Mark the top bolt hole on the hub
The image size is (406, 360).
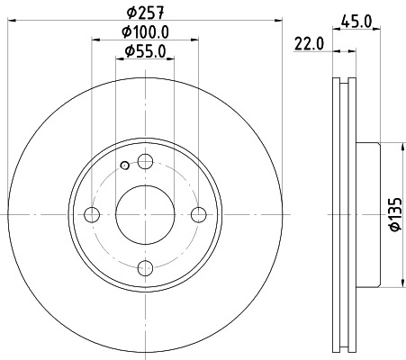click(144, 162)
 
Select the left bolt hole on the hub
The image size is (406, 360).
click(92, 214)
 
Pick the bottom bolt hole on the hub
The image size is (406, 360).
click(144, 267)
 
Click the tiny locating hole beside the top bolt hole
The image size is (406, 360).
click(124, 166)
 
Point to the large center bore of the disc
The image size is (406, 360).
click(144, 214)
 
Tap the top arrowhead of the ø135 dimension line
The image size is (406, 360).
click(401, 147)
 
